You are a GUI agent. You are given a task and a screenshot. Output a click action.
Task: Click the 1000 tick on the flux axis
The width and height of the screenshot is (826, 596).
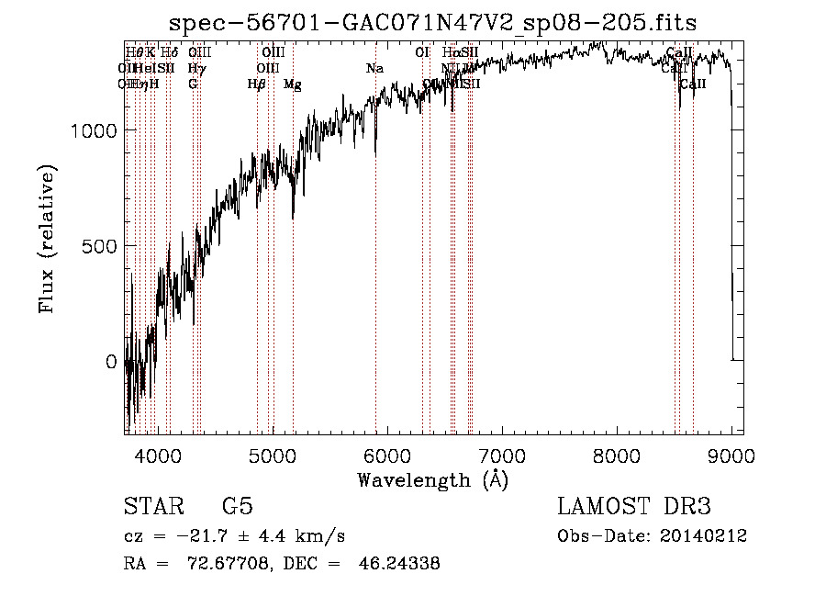[x=95, y=130]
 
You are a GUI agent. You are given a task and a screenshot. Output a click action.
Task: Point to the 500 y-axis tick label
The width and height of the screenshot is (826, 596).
[x=101, y=246]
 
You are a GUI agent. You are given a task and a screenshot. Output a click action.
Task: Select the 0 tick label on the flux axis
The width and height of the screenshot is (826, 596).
[x=111, y=362]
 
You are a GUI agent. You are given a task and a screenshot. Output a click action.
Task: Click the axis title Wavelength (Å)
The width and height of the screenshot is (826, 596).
[x=432, y=479]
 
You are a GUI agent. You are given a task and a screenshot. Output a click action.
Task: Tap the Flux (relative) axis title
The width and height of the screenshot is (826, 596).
[x=48, y=239]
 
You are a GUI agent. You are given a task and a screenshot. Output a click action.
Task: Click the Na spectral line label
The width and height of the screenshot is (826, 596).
[x=374, y=68]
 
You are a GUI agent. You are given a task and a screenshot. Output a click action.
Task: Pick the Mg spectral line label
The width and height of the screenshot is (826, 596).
[x=293, y=84]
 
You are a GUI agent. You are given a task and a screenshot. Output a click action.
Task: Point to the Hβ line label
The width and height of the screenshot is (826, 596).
[x=257, y=84]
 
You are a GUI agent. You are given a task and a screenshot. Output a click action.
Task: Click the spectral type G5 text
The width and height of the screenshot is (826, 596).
[x=237, y=507]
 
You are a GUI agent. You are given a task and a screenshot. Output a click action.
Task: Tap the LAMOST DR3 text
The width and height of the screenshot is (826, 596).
[x=634, y=507]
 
